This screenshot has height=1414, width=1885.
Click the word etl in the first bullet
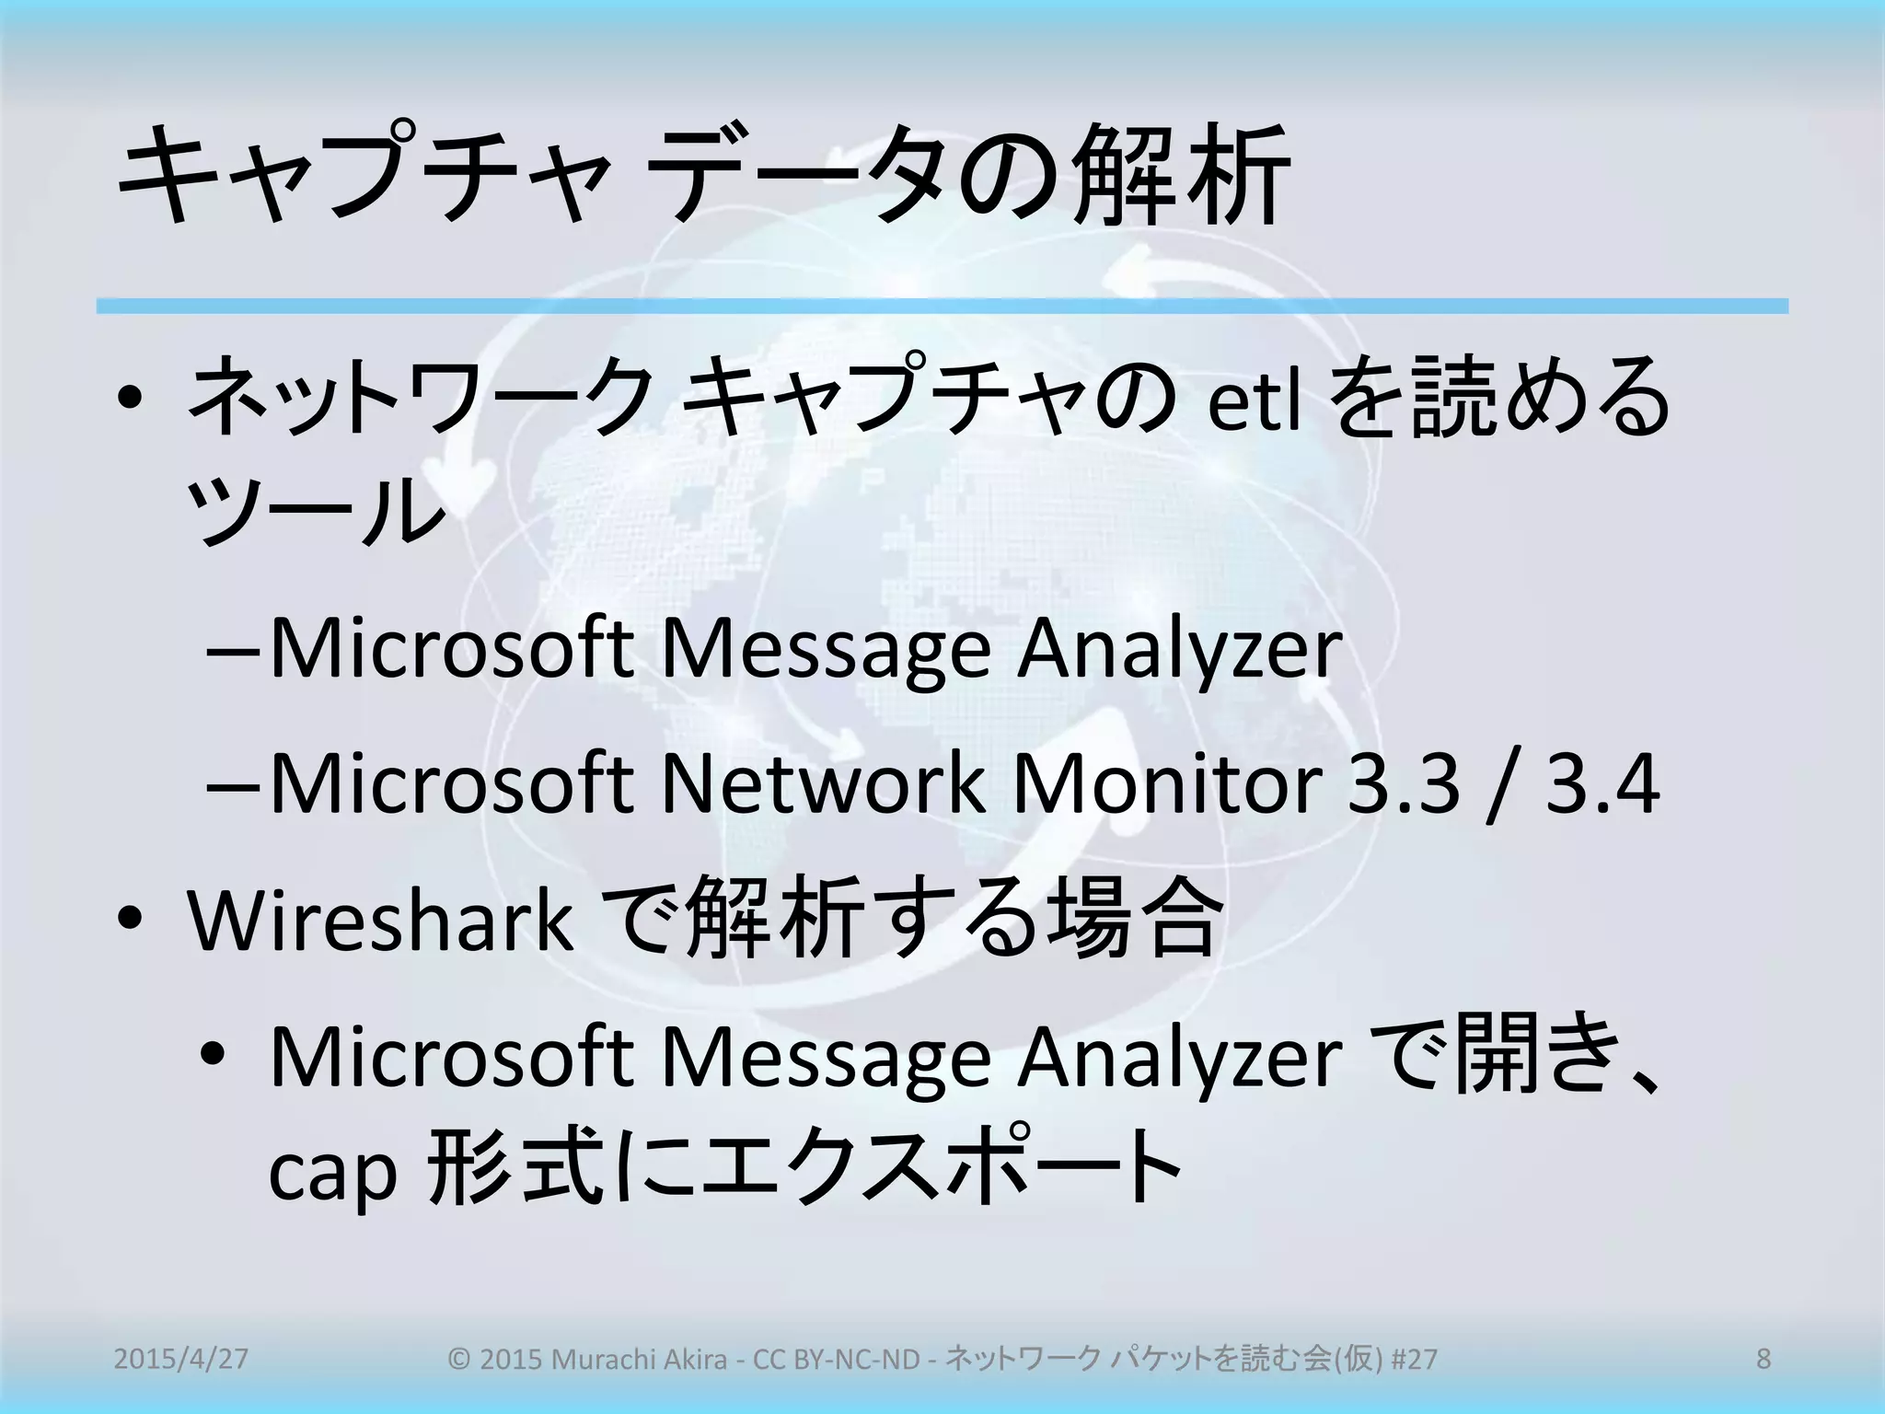1253,402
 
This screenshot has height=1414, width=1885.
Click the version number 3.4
1602,783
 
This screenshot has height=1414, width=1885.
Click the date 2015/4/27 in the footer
180,1359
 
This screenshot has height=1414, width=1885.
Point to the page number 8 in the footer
1763,1359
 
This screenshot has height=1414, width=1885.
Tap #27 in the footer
1414,1359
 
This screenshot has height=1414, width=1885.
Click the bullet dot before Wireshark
130,920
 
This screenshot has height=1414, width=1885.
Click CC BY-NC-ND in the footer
837,1359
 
